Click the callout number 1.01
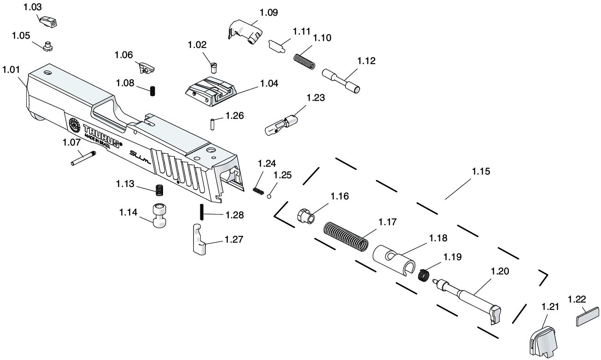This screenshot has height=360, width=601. pyautogui.click(x=11, y=70)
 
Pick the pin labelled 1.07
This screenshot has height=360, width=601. pyautogui.click(x=83, y=158)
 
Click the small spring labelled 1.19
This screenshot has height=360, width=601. pyautogui.click(x=424, y=276)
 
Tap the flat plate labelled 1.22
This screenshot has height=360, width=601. pyautogui.click(x=587, y=318)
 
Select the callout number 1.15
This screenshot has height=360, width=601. pyautogui.click(x=481, y=171)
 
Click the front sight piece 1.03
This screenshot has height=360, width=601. pyautogui.click(x=48, y=21)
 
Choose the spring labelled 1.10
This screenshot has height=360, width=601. pyautogui.click(x=304, y=61)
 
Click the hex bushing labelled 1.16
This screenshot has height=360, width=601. pyautogui.click(x=305, y=215)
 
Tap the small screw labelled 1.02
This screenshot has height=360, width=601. pyautogui.click(x=213, y=67)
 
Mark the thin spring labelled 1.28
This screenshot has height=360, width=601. pyautogui.click(x=201, y=212)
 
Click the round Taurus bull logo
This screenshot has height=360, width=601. pyautogui.click(x=74, y=124)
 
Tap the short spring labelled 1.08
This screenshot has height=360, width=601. pyautogui.click(x=152, y=91)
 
